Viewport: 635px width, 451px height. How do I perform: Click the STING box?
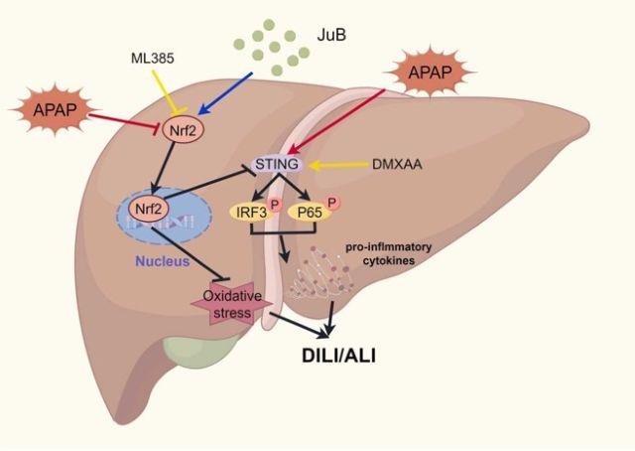tap(277, 164)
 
